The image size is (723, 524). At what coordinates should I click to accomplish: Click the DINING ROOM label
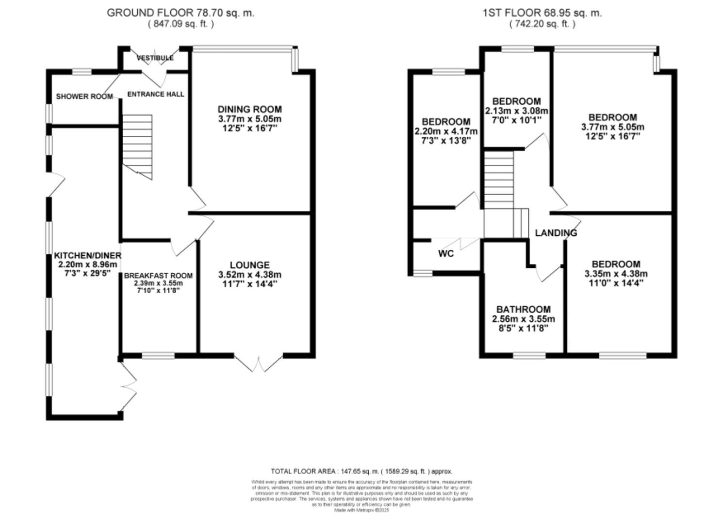[x=249, y=110]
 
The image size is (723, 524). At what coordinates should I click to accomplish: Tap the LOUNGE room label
[x=249, y=265]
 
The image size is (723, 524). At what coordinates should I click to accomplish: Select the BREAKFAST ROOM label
[x=158, y=276]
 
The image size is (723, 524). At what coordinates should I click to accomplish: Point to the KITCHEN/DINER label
[x=87, y=255]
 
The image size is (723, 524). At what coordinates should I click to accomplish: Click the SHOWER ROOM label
[x=84, y=97]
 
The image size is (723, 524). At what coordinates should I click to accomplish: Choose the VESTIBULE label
[x=155, y=58]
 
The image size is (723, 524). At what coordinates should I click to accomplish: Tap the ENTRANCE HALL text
[x=155, y=94]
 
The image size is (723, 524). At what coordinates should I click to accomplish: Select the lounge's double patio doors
[x=259, y=362]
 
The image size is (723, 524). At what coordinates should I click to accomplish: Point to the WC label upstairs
[x=445, y=253]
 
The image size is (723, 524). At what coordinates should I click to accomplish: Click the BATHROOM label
[x=523, y=309]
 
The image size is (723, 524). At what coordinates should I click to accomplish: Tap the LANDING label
[x=556, y=233]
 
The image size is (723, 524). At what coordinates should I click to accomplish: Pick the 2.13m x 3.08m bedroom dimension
[x=516, y=111]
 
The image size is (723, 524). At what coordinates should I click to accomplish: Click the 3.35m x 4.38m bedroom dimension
[x=616, y=274]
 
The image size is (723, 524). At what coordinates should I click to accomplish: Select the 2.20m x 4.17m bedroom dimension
[x=445, y=131]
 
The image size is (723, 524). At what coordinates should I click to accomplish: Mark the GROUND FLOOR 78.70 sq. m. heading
[x=180, y=13]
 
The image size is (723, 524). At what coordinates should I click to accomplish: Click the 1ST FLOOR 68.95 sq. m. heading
[x=542, y=13]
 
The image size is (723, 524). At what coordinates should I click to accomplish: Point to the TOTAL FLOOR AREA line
[x=361, y=471]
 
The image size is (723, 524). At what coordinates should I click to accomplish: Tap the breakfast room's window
[x=158, y=356]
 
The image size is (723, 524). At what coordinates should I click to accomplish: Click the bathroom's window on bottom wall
[x=529, y=356]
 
